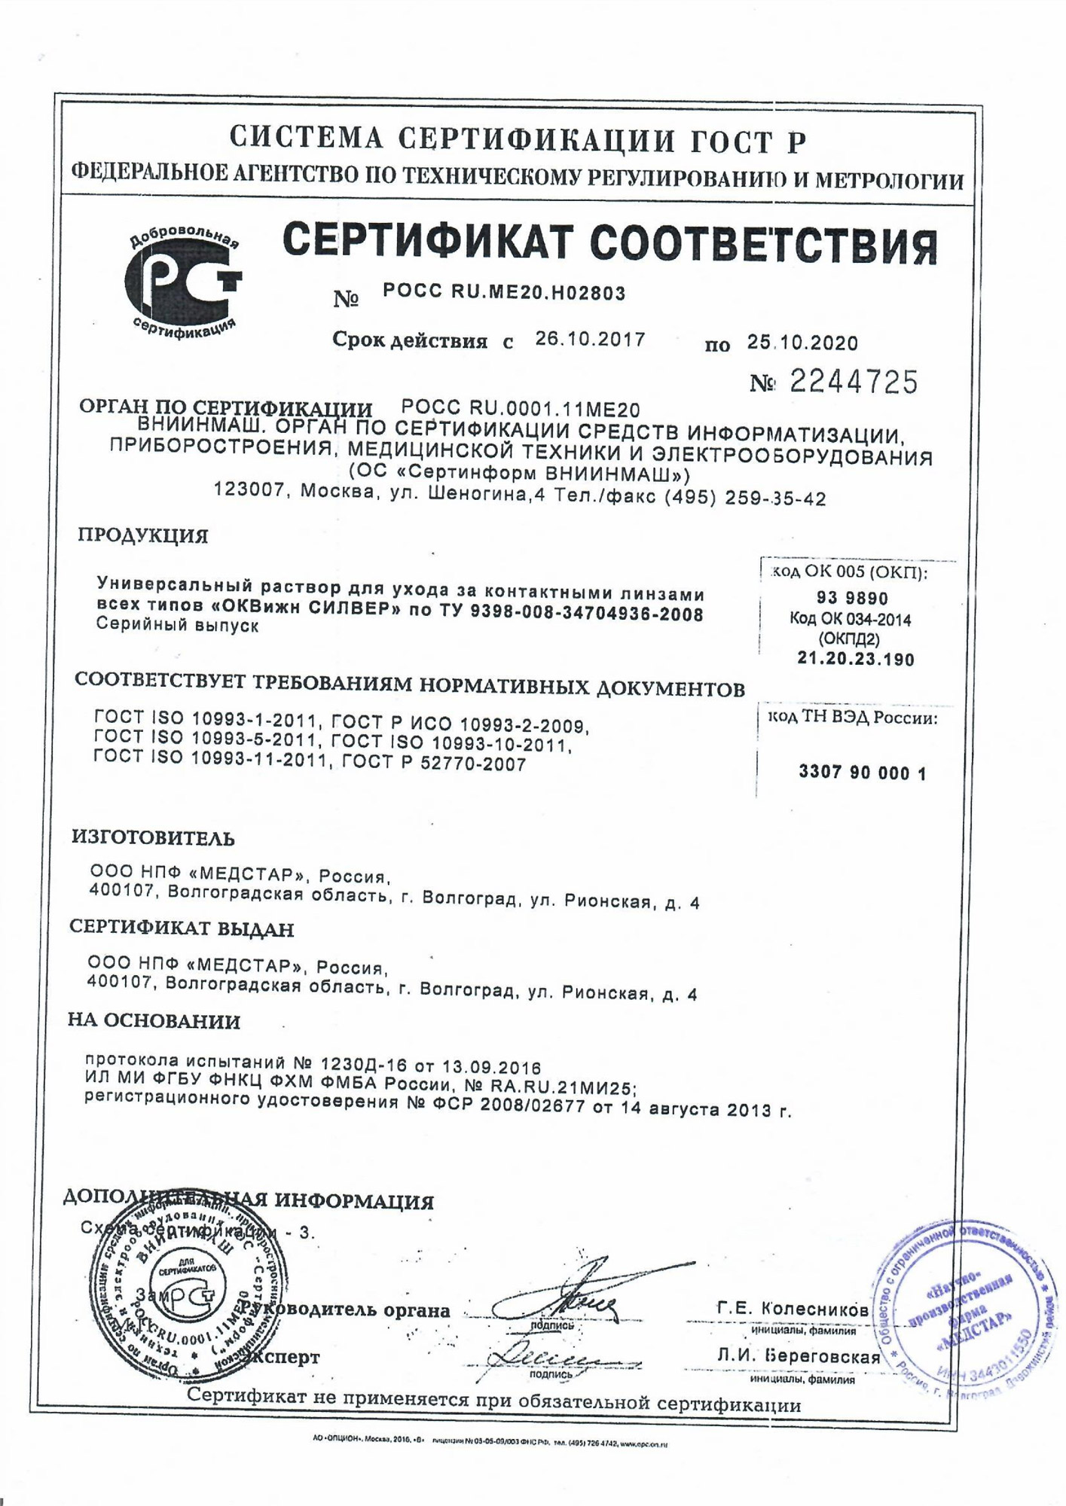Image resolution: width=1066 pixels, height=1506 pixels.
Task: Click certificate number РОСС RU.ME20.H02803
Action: [x=504, y=293]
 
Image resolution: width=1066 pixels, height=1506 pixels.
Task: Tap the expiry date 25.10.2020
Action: [x=802, y=343]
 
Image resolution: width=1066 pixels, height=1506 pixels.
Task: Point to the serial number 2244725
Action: [x=854, y=383]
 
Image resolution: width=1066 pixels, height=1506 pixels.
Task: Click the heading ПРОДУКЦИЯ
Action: [x=143, y=536]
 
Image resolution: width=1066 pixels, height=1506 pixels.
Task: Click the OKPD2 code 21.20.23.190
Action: [x=856, y=660]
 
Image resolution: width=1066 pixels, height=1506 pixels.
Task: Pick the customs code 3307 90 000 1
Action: [x=862, y=773]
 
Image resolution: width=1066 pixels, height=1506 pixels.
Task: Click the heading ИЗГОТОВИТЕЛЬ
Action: [x=153, y=838]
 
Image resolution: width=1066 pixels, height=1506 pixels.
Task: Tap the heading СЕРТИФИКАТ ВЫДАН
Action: [x=182, y=929]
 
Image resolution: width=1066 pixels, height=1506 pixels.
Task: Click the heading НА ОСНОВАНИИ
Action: [x=154, y=1022]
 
